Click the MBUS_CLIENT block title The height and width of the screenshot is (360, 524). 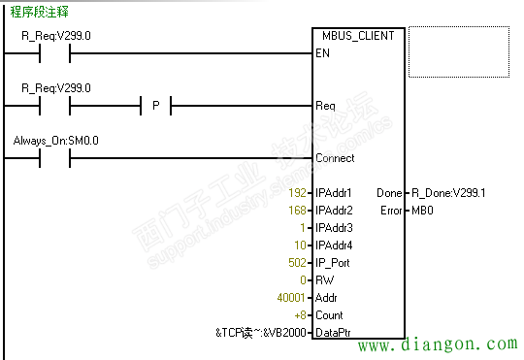(x=355, y=36)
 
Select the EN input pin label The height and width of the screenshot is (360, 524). (x=322, y=52)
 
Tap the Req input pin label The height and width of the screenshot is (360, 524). (x=325, y=105)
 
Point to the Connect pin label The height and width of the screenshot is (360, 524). (x=335, y=157)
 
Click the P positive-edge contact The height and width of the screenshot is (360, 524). (x=154, y=105)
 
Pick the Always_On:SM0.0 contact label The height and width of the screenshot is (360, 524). (x=55, y=141)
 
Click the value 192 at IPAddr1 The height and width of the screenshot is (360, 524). (x=298, y=193)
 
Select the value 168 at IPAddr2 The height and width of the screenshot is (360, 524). (x=298, y=211)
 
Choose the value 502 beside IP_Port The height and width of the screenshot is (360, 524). (x=298, y=263)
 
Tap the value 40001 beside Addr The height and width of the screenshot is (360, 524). (x=292, y=298)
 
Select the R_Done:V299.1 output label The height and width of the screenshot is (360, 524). (x=447, y=193)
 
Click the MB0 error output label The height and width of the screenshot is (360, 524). (x=422, y=211)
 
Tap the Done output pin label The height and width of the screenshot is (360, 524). (x=388, y=193)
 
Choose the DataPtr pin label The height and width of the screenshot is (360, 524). (x=332, y=333)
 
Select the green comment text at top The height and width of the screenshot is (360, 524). (x=38, y=12)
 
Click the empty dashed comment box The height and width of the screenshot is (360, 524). (x=459, y=51)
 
